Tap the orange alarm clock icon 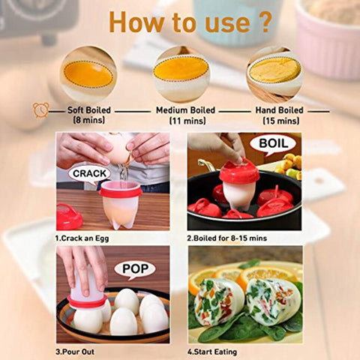(40, 110)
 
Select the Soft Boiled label (89, 110)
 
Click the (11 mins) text (187, 121)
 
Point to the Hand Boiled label (279, 110)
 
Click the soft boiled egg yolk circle (88, 74)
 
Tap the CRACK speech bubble (89, 173)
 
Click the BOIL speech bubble (273, 144)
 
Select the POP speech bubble (135, 269)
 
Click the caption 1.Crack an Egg (82, 238)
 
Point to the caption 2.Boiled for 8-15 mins (227, 238)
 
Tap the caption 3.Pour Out (75, 352)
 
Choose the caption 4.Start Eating (212, 352)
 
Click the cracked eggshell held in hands (119, 149)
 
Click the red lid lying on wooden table (68, 217)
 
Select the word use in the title (227, 23)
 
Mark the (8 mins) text (89, 120)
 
